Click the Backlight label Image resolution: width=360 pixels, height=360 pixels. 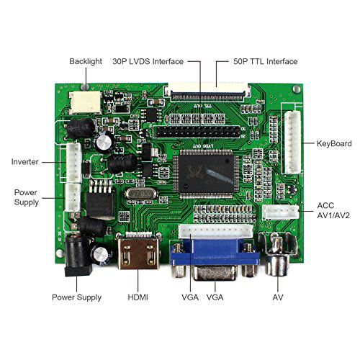tap(86, 62)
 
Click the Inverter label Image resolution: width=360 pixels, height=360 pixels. tap(25, 161)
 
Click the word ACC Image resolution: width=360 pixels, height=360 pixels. tap(325, 205)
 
